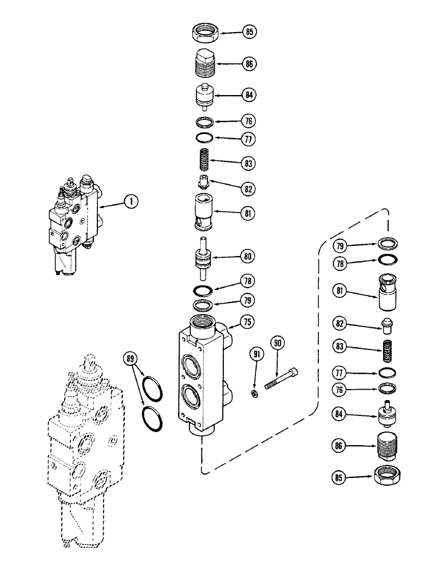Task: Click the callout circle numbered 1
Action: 132,201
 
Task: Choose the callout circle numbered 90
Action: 278,343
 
